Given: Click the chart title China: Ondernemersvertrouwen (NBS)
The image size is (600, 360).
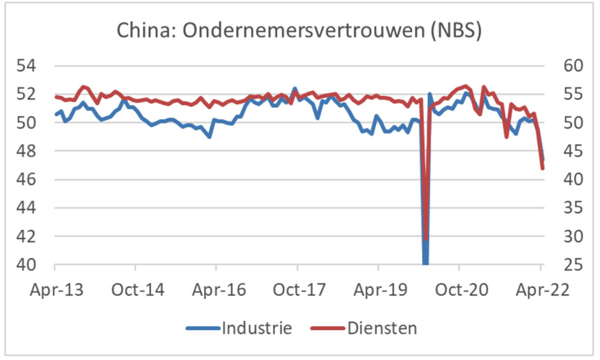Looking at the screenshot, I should [300, 31].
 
